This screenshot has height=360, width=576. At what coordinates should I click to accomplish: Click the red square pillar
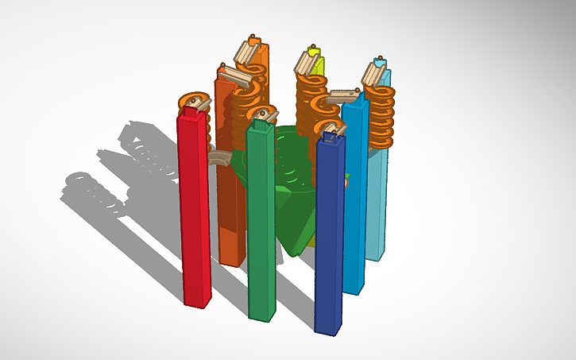(194, 215)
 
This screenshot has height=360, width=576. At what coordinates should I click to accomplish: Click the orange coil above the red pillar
(195, 102)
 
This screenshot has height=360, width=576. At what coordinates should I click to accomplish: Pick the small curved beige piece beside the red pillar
(216, 158)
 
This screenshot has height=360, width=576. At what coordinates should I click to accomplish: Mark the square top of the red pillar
(190, 114)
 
